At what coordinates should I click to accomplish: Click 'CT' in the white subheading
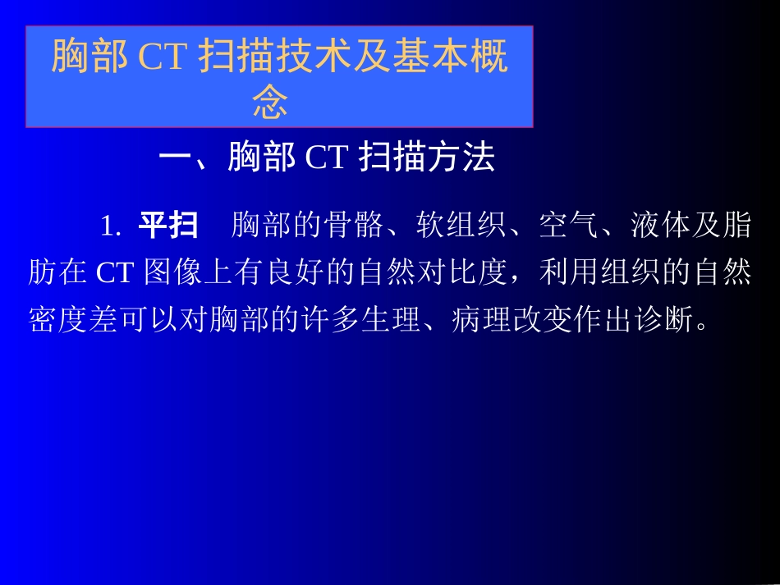(x=327, y=158)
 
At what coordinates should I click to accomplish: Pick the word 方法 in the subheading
(x=462, y=158)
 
